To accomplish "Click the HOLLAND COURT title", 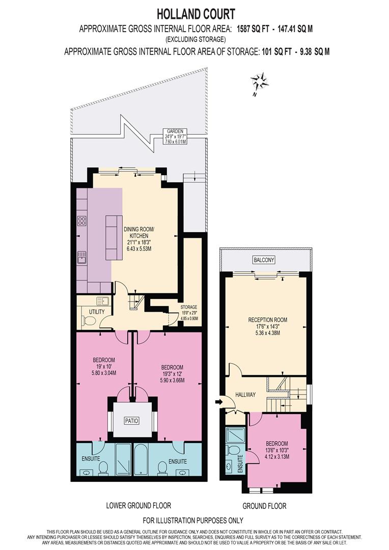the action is pyautogui.click(x=196, y=14).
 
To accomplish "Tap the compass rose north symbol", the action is pyautogui.click(x=260, y=82).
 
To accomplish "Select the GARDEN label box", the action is pyautogui.click(x=175, y=136).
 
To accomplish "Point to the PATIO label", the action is pyautogui.click(x=132, y=421).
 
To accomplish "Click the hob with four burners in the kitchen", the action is pyautogui.click(x=82, y=221).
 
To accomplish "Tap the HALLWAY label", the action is pyautogui.click(x=245, y=395).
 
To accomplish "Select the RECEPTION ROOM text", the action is pyautogui.click(x=268, y=320).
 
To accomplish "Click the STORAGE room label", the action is pyautogui.click(x=189, y=307).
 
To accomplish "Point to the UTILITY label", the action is pyautogui.click(x=97, y=312).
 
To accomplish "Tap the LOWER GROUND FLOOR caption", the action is pyautogui.click(x=138, y=506).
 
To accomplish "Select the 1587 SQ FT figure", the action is pyautogui.click(x=253, y=29).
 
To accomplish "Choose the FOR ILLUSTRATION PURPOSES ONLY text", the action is pyautogui.click(x=193, y=520).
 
